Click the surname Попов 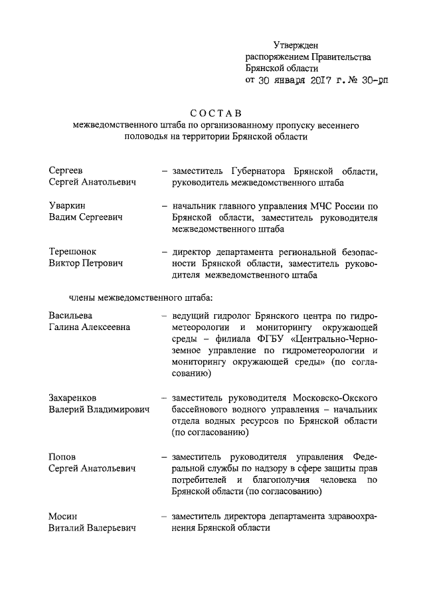pos(63,458)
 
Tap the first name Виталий pos(69,529)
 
